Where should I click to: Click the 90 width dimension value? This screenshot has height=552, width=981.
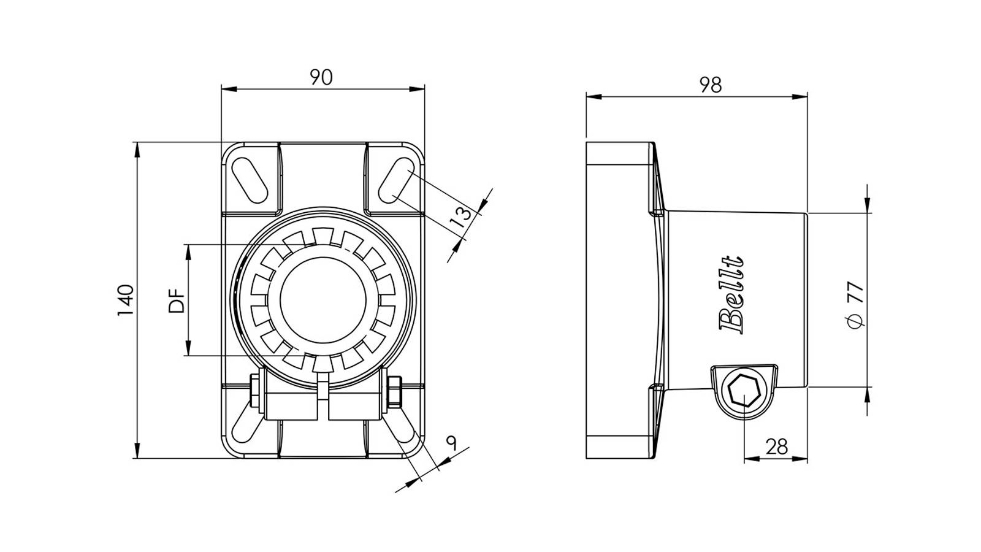click(321, 77)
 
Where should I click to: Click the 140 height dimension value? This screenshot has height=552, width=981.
click(126, 301)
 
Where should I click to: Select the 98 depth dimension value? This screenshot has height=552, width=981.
click(711, 85)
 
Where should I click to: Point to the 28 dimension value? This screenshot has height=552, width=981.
click(776, 447)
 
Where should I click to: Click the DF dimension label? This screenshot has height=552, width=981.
click(177, 300)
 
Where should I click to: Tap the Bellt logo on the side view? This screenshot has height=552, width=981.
click(731, 295)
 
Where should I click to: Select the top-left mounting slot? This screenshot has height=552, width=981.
click(249, 182)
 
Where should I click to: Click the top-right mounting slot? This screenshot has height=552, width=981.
click(395, 182)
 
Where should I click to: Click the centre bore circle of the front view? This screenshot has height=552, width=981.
click(323, 300)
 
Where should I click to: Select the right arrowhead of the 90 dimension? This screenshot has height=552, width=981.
click(417, 89)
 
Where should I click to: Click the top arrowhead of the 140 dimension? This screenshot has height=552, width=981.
click(137, 150)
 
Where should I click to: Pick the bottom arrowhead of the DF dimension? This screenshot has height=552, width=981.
click(188, 348)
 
